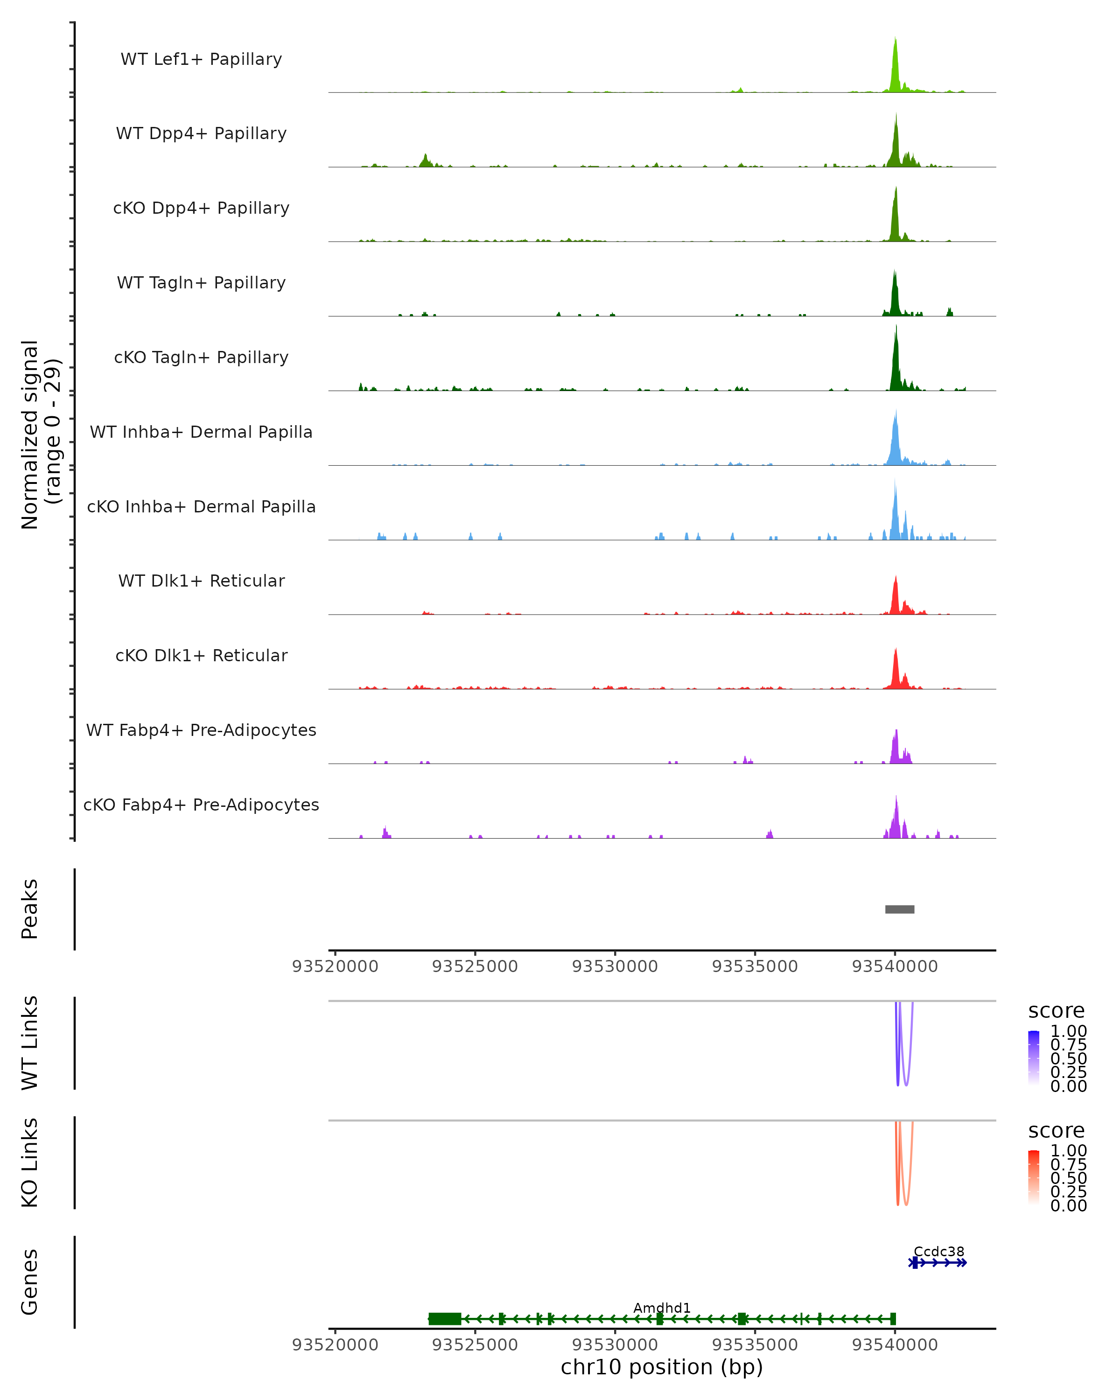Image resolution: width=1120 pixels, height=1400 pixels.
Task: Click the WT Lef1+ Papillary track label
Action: pos(201,59)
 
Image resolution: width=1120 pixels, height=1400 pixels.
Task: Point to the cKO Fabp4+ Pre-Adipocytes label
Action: pos(201,805)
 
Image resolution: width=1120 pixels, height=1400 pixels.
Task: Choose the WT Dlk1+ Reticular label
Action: pos(201,581)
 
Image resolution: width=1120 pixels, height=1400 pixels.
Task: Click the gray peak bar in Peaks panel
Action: pos(899,909)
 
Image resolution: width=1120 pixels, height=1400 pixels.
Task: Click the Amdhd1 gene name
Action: pos(662,1308)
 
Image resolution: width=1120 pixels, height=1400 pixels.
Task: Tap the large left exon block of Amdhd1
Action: pos(445,1318)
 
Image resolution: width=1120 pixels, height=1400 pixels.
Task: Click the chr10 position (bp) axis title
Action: pos(662,1367)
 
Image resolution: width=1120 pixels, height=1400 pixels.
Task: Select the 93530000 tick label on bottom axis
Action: pos(615,1344)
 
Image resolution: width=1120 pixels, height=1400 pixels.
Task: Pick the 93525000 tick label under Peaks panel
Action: pos(475,966)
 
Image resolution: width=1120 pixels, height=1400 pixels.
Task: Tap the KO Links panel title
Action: pos(30,1162)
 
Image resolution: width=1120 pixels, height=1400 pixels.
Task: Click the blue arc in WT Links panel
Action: pos(898,1065)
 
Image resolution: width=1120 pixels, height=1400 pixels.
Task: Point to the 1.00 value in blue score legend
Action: pos(1068,1031)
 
